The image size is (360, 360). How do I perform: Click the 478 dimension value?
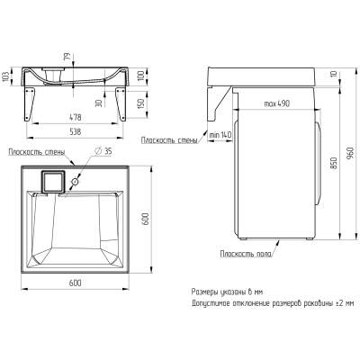[75, 117]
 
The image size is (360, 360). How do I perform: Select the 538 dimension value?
[75, 132]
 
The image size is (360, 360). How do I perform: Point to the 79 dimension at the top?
[67, 57]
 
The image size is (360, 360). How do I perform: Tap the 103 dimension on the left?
[5, 77]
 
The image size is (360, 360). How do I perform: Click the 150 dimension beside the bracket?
[141, 103]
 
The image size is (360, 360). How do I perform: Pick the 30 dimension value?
[99, 103]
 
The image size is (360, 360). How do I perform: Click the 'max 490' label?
[277, 103]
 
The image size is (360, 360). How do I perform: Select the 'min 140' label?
[220, 135]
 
